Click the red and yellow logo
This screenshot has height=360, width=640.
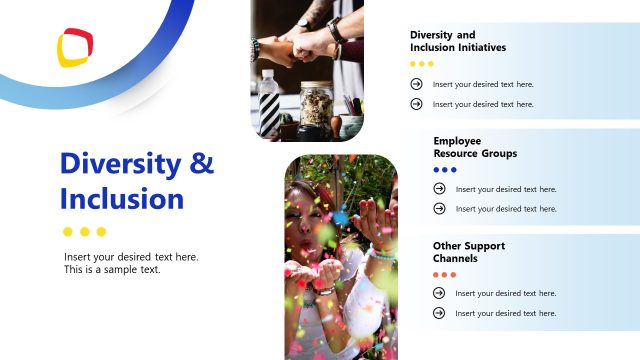[x=74, y=47]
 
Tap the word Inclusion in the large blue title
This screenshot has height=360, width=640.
[x=122, y=198]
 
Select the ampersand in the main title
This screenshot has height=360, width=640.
[x=202, y=163]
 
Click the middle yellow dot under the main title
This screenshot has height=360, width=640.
[x=85, y=232]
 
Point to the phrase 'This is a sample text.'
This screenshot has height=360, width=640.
[x=112, y=269]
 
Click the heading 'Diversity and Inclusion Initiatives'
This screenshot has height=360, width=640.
[x=458, y=41]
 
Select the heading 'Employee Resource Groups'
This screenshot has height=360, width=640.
[x=475, y=148]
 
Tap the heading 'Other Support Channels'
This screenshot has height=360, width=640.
[x=468, y=252]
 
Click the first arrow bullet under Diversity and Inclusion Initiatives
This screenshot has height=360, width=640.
[x=416, y=84]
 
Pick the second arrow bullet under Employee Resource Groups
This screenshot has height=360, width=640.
[x=439, y=208]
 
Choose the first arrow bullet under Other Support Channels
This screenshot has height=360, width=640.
[x=439, y=293]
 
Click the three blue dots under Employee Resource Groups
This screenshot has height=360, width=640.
[x=445, y=170]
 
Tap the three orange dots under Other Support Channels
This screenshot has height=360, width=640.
[x=445, y=274]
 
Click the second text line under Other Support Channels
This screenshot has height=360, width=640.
[x=505, y=313]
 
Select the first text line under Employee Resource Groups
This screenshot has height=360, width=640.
[x=506, y=189]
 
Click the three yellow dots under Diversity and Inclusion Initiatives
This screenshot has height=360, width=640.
[x=422, y=64]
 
